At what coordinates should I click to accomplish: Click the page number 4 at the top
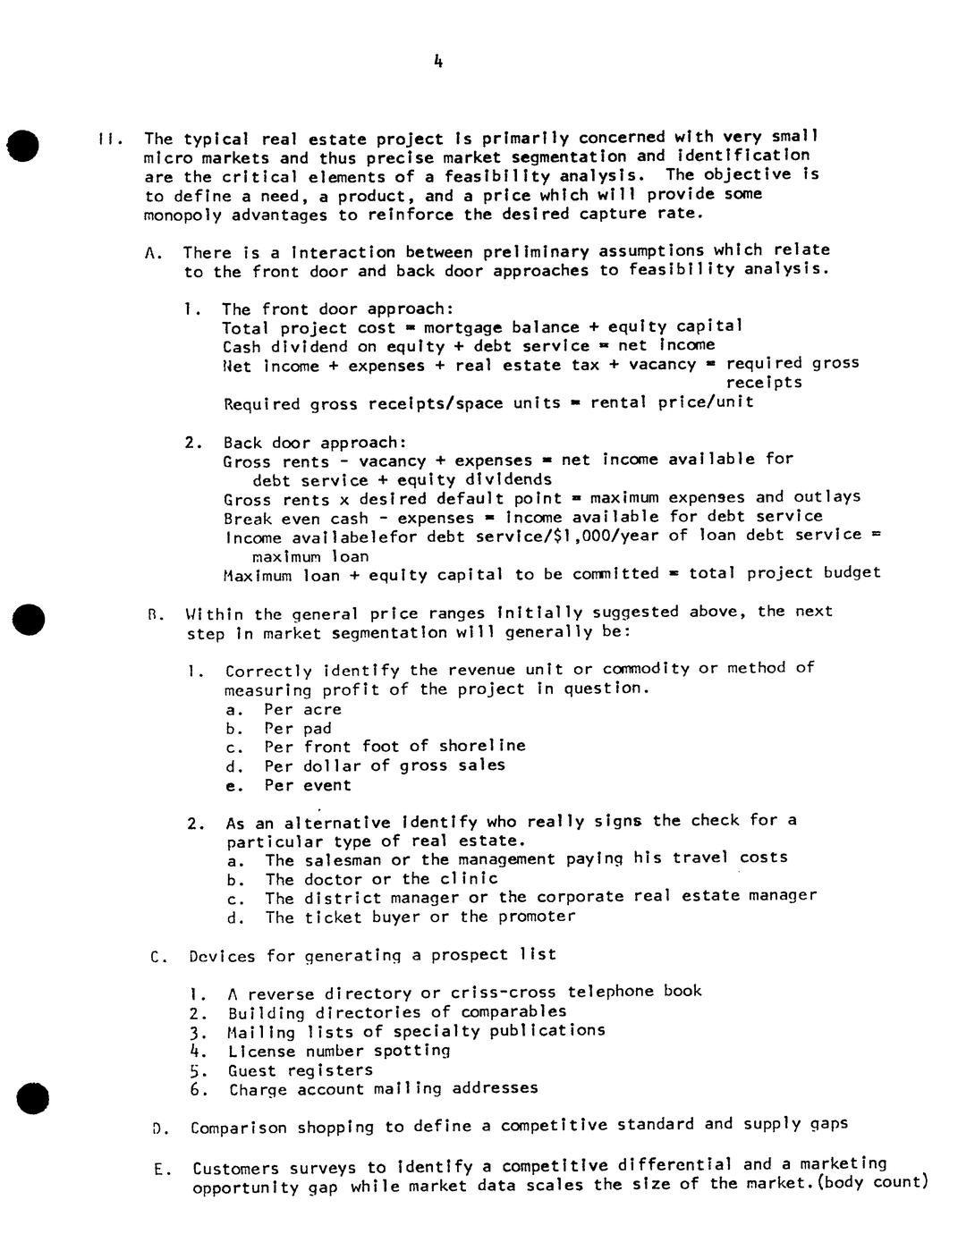point(437,62)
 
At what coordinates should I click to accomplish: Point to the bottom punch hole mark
point(33,1098)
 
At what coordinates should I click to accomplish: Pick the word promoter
point(537,917)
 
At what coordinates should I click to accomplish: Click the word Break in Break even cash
point(248,519)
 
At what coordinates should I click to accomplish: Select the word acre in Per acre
point(322,710)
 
